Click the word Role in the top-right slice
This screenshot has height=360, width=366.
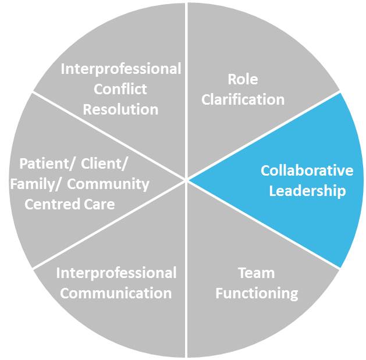point(243,80)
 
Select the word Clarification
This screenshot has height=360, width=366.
point(243,99)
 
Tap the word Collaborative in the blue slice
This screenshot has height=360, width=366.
point(307,171)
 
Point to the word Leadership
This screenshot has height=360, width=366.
point(307,191)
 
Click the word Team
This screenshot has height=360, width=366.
point(256,273)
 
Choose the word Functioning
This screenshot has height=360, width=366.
point(256,293)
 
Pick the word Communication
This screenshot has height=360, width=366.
point(116,293)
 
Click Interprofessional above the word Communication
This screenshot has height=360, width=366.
point(116,273)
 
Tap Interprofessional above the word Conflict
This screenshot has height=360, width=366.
point(121,69)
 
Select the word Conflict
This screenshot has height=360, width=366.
point(120,89)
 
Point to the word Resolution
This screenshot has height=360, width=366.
point(120,109)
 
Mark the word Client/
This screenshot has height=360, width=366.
point(105,165)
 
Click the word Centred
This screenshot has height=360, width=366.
point(49,204)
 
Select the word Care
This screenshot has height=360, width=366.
point(98,204)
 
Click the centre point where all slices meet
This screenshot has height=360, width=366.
point(186,180)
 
